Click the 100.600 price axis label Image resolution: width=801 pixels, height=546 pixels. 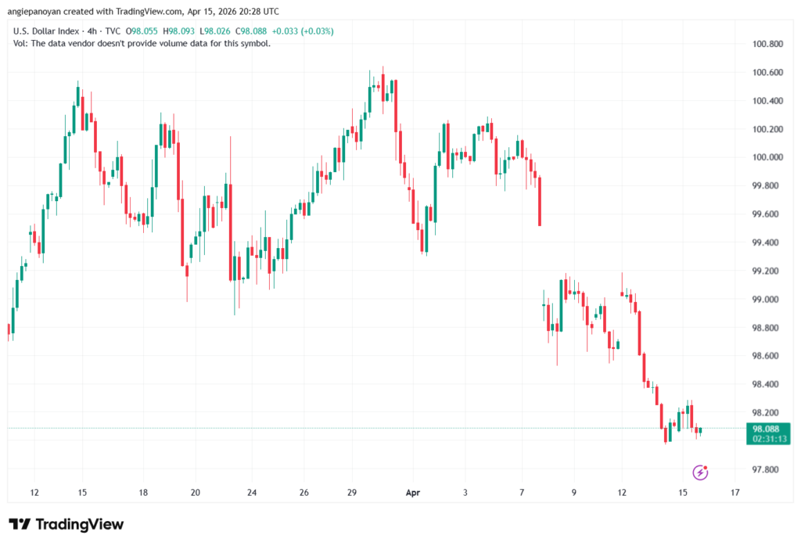pyautogui.click(x=767, y=73)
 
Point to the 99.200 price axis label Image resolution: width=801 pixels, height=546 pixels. pyautogui.click(x=767, y=271)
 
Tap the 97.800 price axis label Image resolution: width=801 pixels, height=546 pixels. pyautogui.click(x=767, y=470)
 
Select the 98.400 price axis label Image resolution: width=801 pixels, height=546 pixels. pyautogui.click(x=767, y=385)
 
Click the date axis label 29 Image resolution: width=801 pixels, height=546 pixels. pyautogui.click(x=352, y=493)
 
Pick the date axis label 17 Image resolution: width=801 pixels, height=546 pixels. pyautogui.click(x=735, y=493)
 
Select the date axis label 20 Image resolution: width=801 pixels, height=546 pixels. pyautogui.click(x=196, y=493)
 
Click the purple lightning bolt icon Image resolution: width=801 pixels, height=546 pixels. pyautogui.click(x=701, y=472)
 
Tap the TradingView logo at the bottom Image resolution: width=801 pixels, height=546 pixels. pyautogui.click(x=66, y=524)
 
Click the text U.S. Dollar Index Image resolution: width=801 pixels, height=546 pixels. pyautogui.click(x=46, y=31)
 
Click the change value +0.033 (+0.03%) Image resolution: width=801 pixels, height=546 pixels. pyautogui.click(x=300, y=31)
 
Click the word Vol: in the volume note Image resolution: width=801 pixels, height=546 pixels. pyautogui.click(x=22, y=44)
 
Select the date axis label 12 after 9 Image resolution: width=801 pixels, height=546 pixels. pyautogui.click(x=623, y=493)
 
